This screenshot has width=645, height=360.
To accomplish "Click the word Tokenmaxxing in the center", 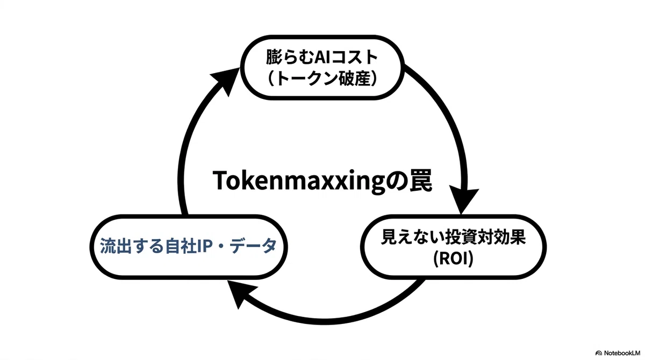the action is click(299, 181).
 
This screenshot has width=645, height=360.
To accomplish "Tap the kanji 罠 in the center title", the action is click(420, 180).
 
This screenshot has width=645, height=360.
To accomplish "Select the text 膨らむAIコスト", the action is click(321, 57).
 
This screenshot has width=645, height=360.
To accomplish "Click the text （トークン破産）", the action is click(321, 78).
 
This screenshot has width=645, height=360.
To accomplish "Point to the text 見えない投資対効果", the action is click(453, 237).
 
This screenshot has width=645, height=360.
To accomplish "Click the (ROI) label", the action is click(453, 258).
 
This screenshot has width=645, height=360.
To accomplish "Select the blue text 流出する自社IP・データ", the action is click(188, 246).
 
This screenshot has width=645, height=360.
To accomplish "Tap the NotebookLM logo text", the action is click(622, 353).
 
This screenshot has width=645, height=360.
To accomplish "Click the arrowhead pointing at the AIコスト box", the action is click(226, 80).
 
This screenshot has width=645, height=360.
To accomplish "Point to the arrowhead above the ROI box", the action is click(463, 200).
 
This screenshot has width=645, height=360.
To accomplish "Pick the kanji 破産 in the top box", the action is click(354, 78).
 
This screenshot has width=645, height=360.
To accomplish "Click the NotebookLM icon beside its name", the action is click(599, 353).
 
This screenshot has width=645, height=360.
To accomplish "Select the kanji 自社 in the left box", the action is click(181, 246).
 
